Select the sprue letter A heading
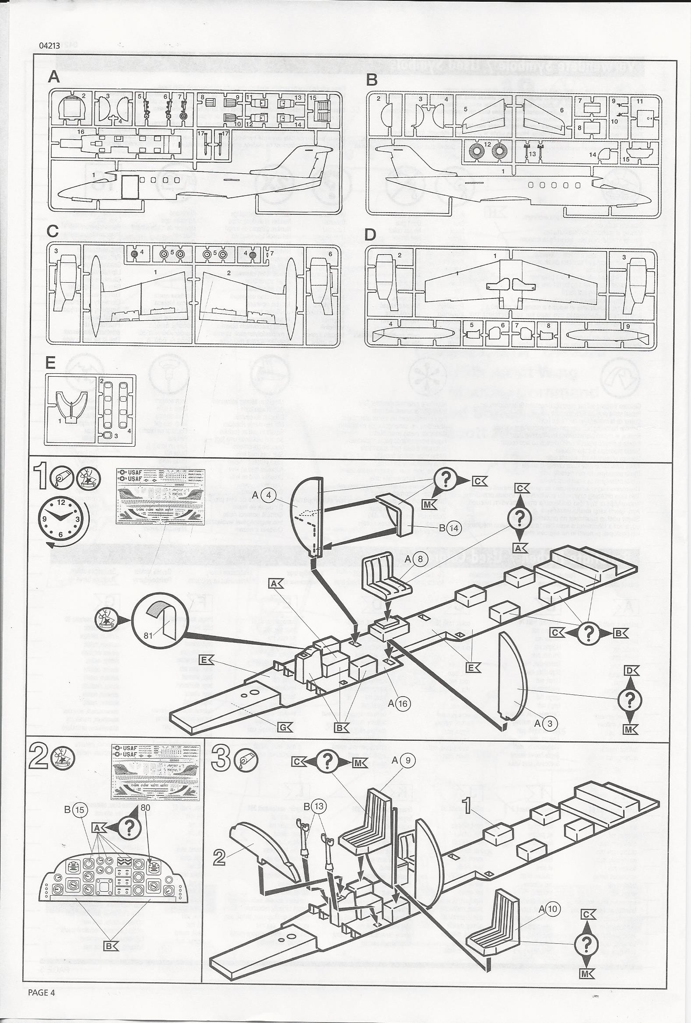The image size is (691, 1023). [54, 77]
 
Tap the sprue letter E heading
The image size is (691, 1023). [51, 362]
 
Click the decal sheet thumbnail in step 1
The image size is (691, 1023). [161, 496]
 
